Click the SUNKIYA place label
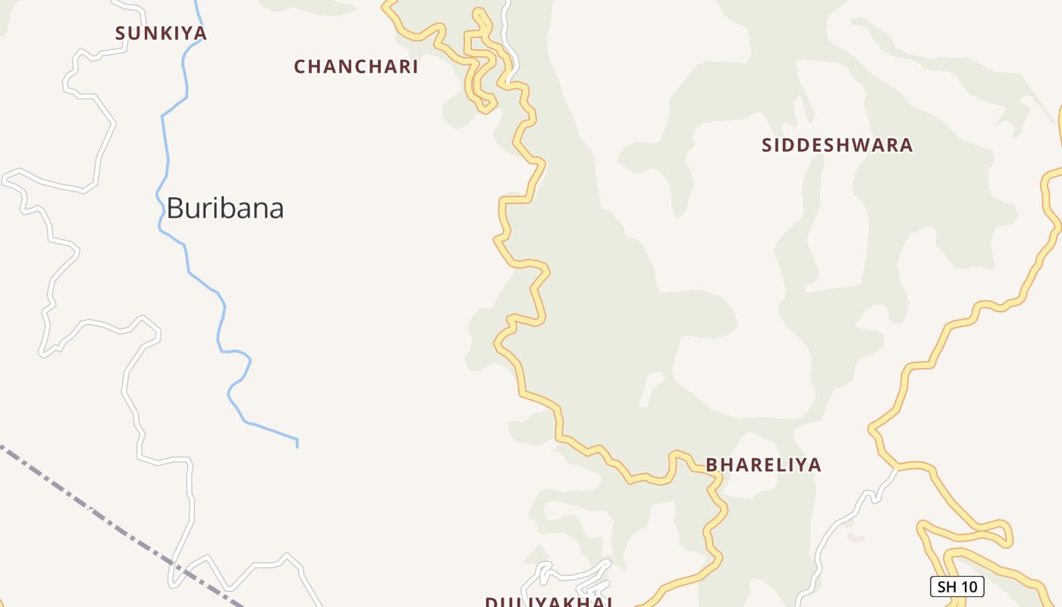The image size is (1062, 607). pyautogui.click(x=161, y=33)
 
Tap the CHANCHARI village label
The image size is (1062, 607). pyautogui.click(x=356, y=67)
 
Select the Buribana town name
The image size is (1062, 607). pyautogui.click(x=225, y=208)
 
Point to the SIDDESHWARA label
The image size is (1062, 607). pyautogui.click(x=837, y=145)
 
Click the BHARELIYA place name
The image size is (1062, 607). pyautogui.click(x=763, y=464)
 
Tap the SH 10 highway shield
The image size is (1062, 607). pyautogui.click(x=957, y=587)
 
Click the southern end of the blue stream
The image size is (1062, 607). pyautogui.click(x=297, y=444)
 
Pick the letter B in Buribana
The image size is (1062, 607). pyautogui.click(x=174, y=208)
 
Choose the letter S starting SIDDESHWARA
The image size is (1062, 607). pyautogui.click(x=767, y=145)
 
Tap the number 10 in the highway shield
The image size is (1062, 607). pyautogui.click(x=967, y=587)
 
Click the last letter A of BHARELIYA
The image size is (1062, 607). pyautogui.click(x=815, y=464)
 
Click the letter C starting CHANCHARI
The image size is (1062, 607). pyautogui.click(x=300, y=67)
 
